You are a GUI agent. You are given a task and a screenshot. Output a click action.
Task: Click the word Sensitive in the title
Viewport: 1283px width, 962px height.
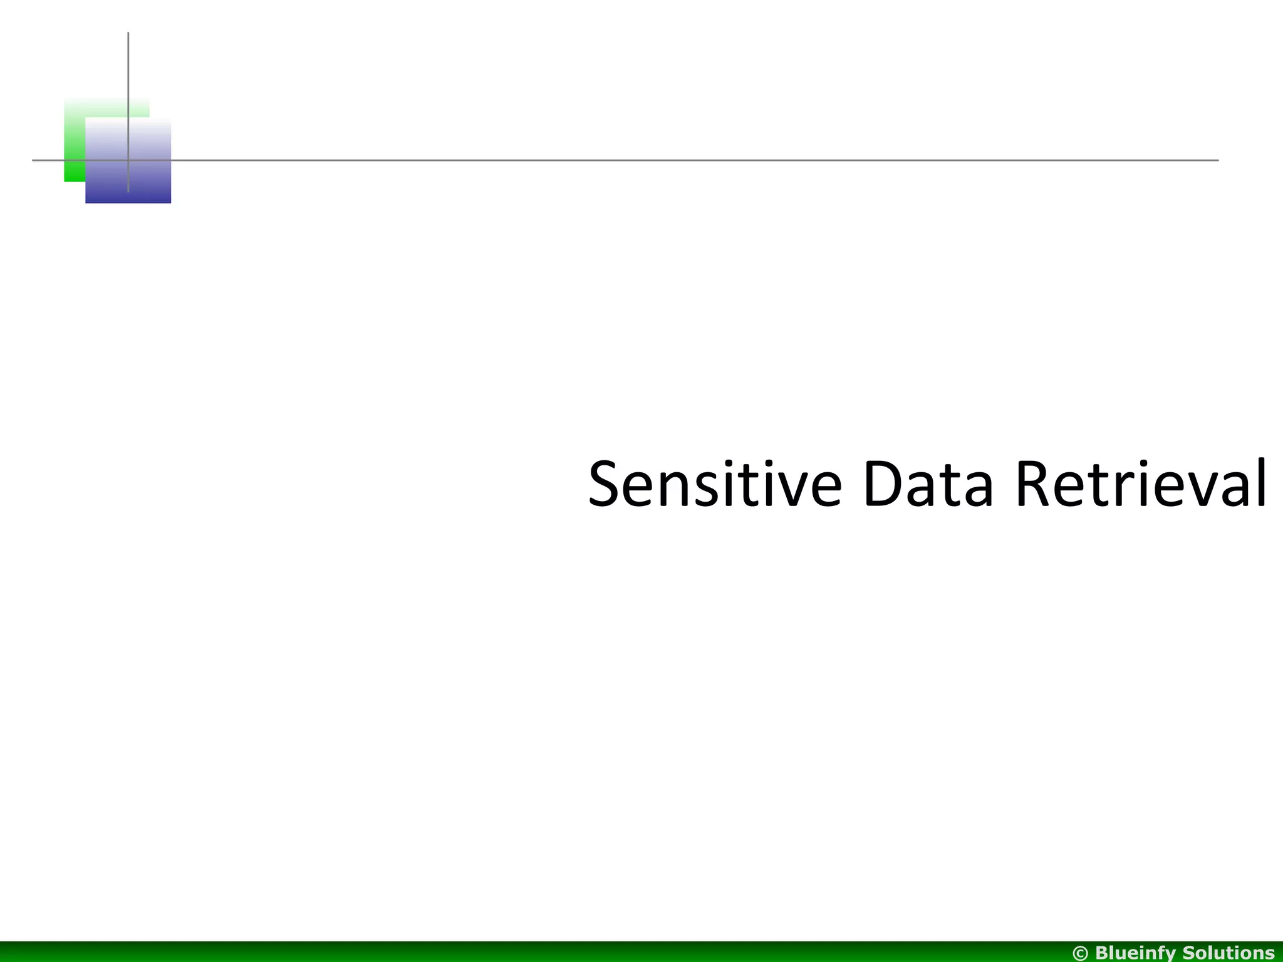pos(715,484)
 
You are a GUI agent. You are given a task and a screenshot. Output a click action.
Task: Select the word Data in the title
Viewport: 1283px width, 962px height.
pos(928,484)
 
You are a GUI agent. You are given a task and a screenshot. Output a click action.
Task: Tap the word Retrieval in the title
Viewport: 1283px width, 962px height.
pos(1141,484)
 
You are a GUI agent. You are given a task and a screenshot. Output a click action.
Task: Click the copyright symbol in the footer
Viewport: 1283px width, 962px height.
pos(1081,953)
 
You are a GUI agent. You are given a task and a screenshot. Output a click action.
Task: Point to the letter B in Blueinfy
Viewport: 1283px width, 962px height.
pos(1103,953)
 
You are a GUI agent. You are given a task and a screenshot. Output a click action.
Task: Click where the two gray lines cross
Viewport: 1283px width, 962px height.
pos(128,160)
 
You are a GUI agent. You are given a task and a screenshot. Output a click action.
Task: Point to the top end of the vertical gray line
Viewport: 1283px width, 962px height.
pos(128,33)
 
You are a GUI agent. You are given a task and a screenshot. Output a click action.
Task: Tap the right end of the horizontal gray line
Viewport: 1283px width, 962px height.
pos(1217,160)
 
